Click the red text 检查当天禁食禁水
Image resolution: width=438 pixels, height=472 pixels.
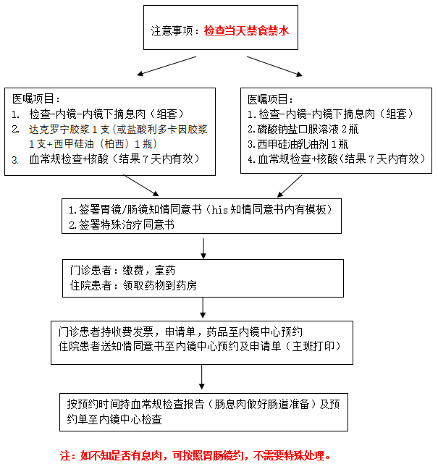[x=246, y=31]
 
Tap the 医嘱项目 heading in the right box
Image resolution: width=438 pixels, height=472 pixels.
[x=270, y=98]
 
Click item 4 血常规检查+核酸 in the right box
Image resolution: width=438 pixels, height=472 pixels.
[x=336, y=158]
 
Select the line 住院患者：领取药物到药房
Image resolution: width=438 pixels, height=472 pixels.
[x=133, y=285]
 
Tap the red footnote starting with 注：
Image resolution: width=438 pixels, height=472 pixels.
[x=195, y=456]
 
